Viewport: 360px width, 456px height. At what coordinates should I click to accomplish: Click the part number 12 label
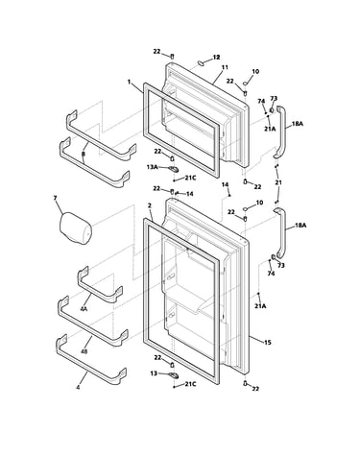click(x=217, y=58)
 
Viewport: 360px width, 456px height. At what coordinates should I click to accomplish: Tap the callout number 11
click(x=225, y=67)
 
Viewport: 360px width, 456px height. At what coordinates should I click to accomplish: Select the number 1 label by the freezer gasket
click(x=129, y=83)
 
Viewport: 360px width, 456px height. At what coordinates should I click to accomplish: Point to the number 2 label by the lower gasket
click(x=150, y=205)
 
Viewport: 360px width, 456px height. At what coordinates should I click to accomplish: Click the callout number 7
click(x=56, y=198)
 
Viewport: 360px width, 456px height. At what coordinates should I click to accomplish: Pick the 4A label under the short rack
click(x=84, y=309)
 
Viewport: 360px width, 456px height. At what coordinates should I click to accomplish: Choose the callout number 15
click(x=268, y=343)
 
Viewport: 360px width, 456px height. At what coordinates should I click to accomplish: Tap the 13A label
click(x=152, y=167)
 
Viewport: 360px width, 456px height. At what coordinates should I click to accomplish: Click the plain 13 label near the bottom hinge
click(x=154, y=373)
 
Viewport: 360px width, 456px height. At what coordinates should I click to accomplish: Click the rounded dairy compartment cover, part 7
click(x=76, y=228)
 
